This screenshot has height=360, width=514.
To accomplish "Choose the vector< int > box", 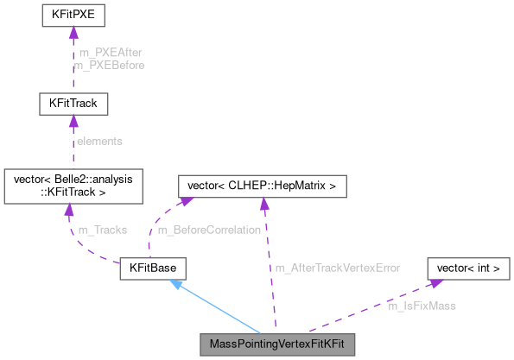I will [x=468, y=268].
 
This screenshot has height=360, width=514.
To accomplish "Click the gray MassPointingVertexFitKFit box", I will [x=276, y=344].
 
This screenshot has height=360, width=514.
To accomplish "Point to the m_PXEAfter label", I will [x=111, y=53].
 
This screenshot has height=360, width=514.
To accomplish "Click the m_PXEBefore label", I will [x=111, y=65].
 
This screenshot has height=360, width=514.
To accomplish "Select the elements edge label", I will [x=100, y=141].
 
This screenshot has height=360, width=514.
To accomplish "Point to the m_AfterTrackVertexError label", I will [x=337, y=268].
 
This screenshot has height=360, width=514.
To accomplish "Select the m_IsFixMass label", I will [x=422, y=306].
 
